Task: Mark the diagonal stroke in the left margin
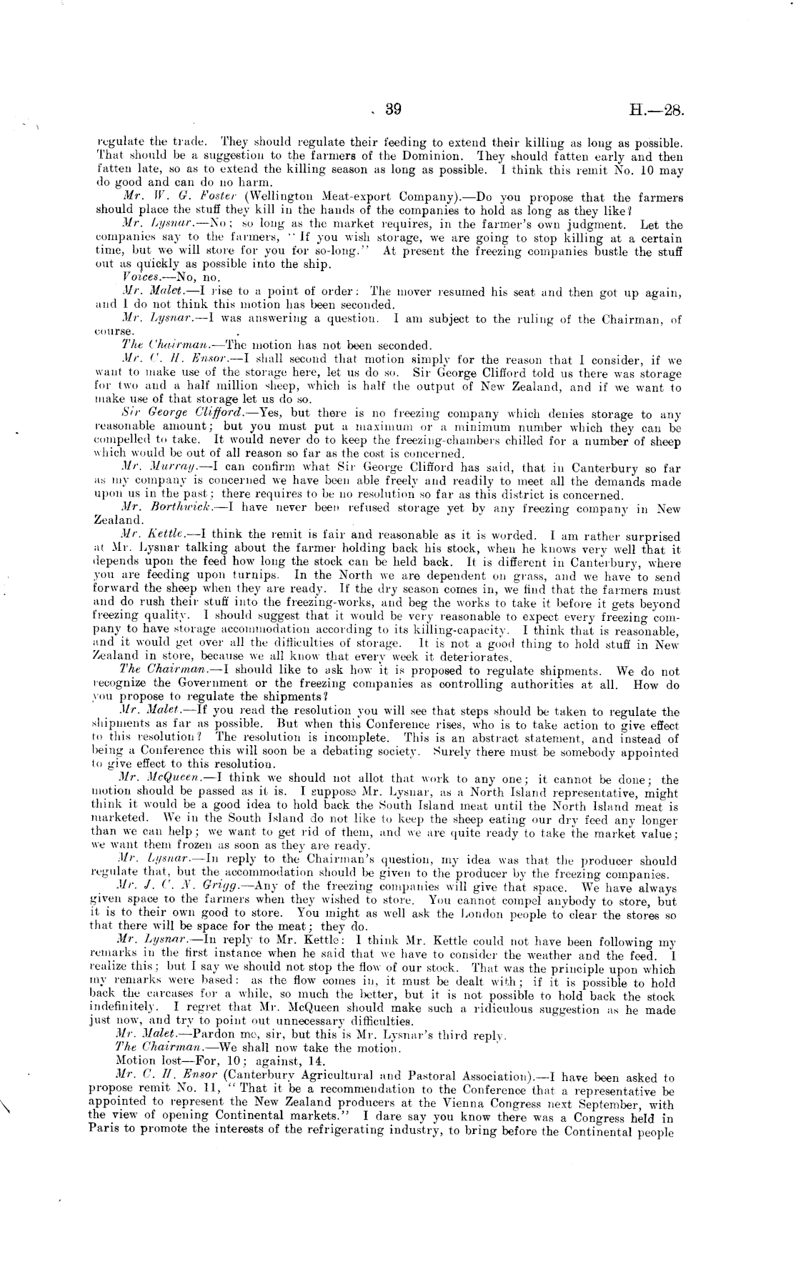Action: point(9,1105)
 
